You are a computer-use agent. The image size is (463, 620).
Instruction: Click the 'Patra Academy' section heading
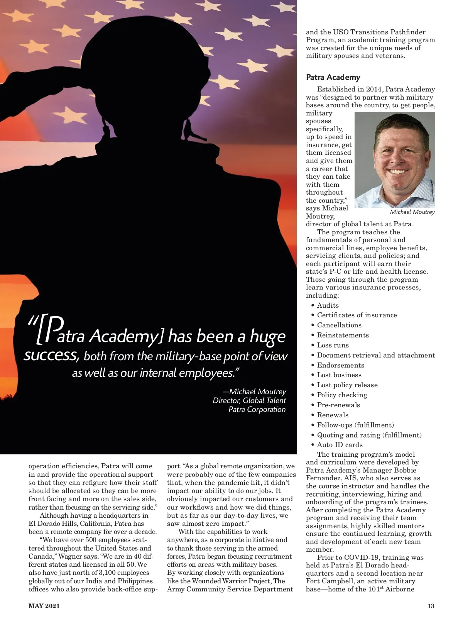pos(333,77)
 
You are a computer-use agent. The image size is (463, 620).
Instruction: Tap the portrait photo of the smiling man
pos(394,160)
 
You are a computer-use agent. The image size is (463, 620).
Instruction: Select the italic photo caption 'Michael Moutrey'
pos(412,212)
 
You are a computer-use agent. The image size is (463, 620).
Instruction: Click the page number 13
pos(431,606)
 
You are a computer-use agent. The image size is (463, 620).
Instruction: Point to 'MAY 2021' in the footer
pos(44,606)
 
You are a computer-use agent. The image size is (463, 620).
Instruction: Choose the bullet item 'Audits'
pos(328,305)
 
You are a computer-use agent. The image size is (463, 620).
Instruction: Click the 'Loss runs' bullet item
pos(333,345)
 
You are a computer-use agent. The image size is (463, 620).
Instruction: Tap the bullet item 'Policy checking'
pos(342,395)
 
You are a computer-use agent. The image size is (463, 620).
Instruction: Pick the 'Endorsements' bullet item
pos(340,365)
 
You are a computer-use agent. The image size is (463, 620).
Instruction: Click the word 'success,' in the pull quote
pos(51,355)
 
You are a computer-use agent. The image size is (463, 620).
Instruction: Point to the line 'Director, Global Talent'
pos(249,401)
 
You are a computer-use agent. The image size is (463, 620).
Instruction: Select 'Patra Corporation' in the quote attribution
pos(257,410)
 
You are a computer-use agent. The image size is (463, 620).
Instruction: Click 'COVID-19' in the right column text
pos(360,557)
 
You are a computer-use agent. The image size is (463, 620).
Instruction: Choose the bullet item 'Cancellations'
pos(339,325)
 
